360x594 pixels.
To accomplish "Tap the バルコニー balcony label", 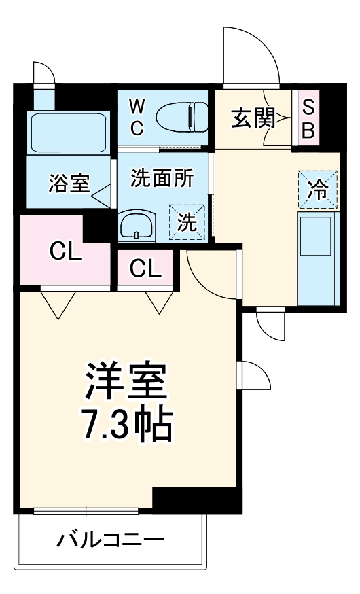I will (x=110, y=541).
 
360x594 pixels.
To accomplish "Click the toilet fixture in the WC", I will (x=182, y=116).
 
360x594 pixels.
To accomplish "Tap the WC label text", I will (x=137, y=117).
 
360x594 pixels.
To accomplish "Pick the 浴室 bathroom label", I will (x=69, y=183).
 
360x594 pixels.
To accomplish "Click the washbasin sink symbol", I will (x=137, y=226).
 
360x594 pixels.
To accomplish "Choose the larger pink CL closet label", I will (x=65, y=252).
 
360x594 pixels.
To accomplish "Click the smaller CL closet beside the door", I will (x=146, y=269).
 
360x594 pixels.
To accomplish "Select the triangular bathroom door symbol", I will (x=101, y=197).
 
